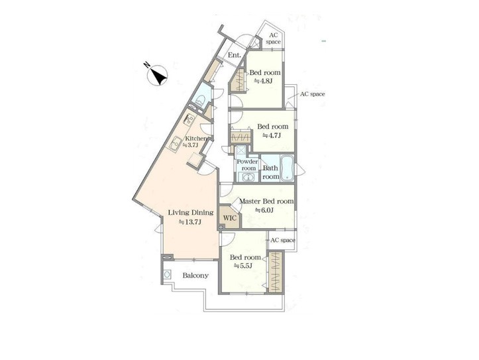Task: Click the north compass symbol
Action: pyautogui.click(x=158, y=75)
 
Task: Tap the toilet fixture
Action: pyautogui.click(x=201, y=100)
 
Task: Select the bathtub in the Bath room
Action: pyautogui.click(x=287, y=168)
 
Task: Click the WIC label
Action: pyautogui.click(x=230, y=218)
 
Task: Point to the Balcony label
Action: pyautogui.click(x=195, y=275)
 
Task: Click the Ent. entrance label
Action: pyautogui.click(x=235, y=55)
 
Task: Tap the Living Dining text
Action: pyautogui.click(x=191, y=212)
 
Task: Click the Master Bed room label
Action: pyautogui.click(x=266, y=202)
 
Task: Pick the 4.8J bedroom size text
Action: pyautogui.click(x=263, y=81)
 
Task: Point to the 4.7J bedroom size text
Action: pyautogui.click(x=272, y=135)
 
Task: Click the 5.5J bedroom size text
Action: pyautogui.click(x=243, y=266)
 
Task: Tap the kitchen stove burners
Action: pyautogui.click(x=188, y=119)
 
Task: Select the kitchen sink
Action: pyautogui.click(x=176, y=144)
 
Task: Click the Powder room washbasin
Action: pyautogui.click(x=249, y=176)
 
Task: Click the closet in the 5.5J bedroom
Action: pyautogui.click(x=276, y=272)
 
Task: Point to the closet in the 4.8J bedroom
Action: pyautogui.click(x=240, y=80)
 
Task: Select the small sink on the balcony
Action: pyautogui.click(x=167, y=274)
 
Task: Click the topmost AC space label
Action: pyautogui.click(x=273, y=38)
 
